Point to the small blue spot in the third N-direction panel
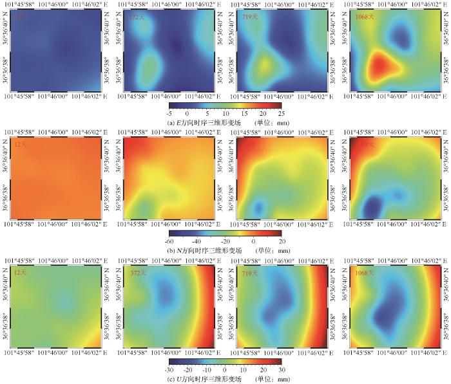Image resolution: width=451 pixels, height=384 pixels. click(258, 207)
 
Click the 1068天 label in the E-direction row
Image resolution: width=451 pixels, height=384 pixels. click(365, 17)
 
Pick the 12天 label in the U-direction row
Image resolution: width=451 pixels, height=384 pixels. click(21, 274)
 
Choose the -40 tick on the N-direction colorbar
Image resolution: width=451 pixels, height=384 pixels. click(198, 241)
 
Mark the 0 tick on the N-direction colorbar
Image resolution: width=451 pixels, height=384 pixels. click(254, 241)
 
